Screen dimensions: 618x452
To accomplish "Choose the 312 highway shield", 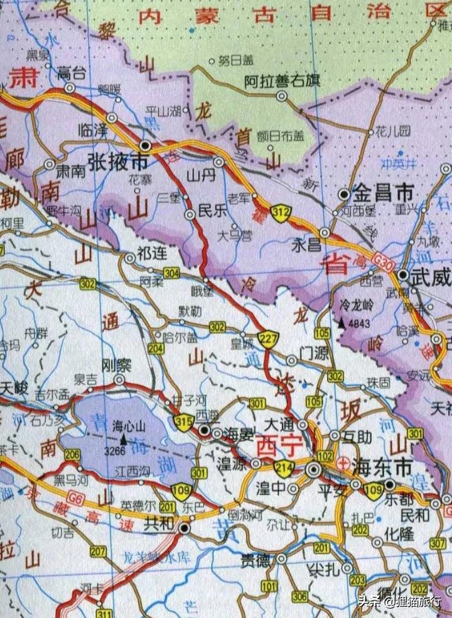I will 280,214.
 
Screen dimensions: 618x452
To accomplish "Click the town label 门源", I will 315,354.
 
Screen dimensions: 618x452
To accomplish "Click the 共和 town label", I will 158,521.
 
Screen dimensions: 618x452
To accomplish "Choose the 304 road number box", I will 171,272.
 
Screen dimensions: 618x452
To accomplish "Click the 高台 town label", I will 71,72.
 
